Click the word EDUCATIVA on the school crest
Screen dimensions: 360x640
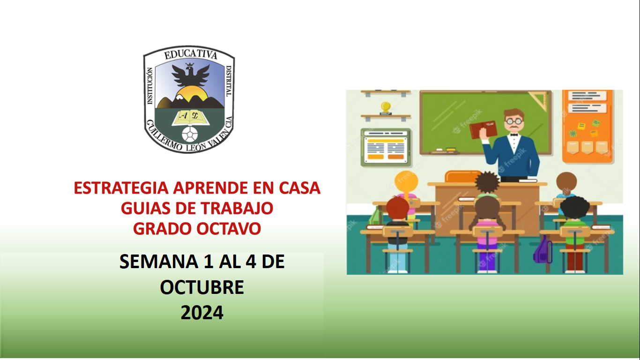point(190,55)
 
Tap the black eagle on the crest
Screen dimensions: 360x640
point(190,75)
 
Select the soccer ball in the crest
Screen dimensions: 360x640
point(190,135)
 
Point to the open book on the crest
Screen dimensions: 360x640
point(189,117)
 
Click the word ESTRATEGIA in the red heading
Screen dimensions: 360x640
point(121,188)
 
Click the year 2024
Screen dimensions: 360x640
point(202,313)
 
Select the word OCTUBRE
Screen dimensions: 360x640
point(202,287)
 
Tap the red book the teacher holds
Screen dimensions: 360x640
point(482,129)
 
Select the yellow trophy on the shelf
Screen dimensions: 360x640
point(386,108)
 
